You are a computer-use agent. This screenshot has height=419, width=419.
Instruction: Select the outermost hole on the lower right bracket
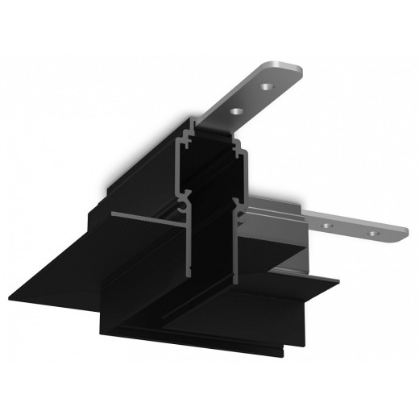pos(372,233)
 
